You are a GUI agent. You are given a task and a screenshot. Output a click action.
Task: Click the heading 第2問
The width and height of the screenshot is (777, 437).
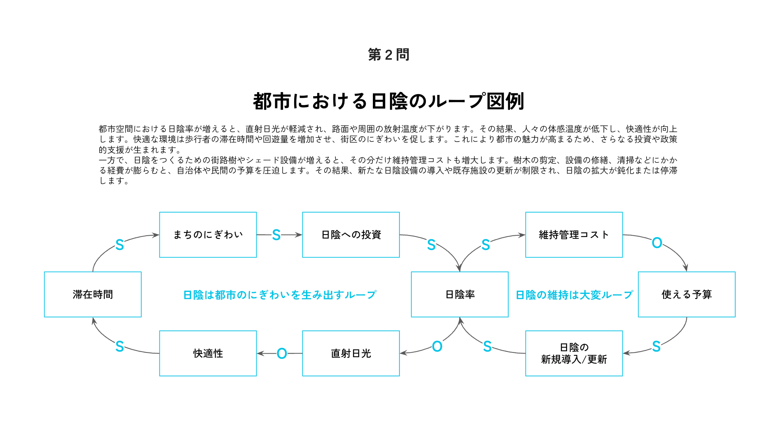(388, 55)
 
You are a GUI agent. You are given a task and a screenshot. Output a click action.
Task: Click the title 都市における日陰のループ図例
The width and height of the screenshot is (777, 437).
(388, 101)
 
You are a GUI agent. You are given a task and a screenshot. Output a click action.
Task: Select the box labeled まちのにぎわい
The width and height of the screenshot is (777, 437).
(208, 235)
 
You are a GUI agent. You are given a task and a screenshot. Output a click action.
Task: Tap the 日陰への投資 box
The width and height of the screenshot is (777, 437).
(351, 235)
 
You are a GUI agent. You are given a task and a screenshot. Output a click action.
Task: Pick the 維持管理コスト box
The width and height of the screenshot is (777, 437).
(574, 235)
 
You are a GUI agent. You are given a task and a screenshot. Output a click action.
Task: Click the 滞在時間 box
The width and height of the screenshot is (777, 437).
(93, 294)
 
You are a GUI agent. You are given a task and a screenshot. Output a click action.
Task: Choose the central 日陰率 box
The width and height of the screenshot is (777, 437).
(459, 294)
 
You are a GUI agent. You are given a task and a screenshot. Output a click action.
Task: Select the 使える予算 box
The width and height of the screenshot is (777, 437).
(686, 294)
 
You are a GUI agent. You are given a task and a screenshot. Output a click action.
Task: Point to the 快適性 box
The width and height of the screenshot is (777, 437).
(208, 353)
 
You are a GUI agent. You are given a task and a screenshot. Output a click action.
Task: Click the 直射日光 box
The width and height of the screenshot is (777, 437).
(351, 353)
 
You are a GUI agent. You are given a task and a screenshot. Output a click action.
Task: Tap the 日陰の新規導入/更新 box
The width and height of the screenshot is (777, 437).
(574, 353)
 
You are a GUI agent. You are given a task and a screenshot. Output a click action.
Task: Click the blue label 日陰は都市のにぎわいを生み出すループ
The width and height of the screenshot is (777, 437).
(280, 295)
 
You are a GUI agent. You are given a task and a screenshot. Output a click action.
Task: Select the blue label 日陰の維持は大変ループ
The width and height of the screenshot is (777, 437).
(574, 295)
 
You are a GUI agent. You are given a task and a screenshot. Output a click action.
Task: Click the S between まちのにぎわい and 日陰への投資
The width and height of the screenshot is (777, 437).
(276, 235)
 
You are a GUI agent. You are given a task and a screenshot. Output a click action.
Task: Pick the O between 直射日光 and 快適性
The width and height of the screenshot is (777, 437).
(282, 353)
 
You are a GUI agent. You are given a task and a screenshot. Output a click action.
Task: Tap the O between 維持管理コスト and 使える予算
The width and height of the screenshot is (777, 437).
(657, 243)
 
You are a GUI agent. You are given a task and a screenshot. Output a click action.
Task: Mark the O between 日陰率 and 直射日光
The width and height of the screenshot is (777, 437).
(437, 346)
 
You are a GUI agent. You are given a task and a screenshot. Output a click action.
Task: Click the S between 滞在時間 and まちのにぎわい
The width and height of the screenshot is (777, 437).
(119, 245)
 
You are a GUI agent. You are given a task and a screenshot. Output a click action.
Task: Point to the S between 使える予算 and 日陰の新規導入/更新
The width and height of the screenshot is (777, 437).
(656, 346)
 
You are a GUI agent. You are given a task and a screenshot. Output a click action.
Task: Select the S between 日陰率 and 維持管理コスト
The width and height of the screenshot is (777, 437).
(486, 245)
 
